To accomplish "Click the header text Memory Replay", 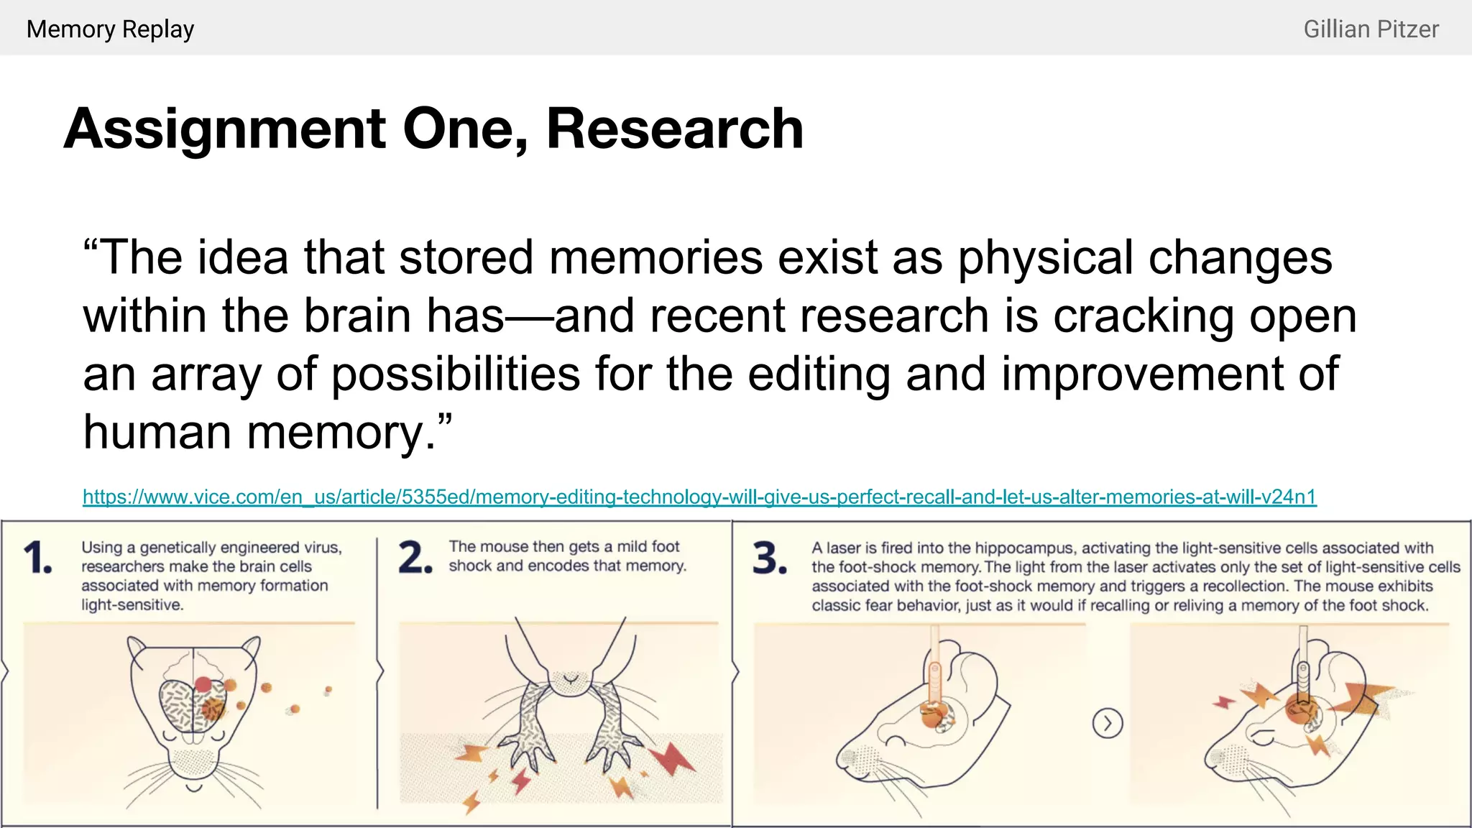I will (110, 29).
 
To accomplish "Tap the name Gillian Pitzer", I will (1371, 29).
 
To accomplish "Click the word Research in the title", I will (674, 129).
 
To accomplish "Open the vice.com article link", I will (699, 497).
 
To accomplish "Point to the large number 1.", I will (37, 558).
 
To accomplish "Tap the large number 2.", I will (415, 558).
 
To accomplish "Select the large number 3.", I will (769, 558).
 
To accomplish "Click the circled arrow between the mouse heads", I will (1107, 723).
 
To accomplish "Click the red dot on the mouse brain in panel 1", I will (203, 684).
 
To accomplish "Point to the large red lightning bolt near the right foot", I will (673, 759).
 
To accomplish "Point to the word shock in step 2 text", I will (470, 566).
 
